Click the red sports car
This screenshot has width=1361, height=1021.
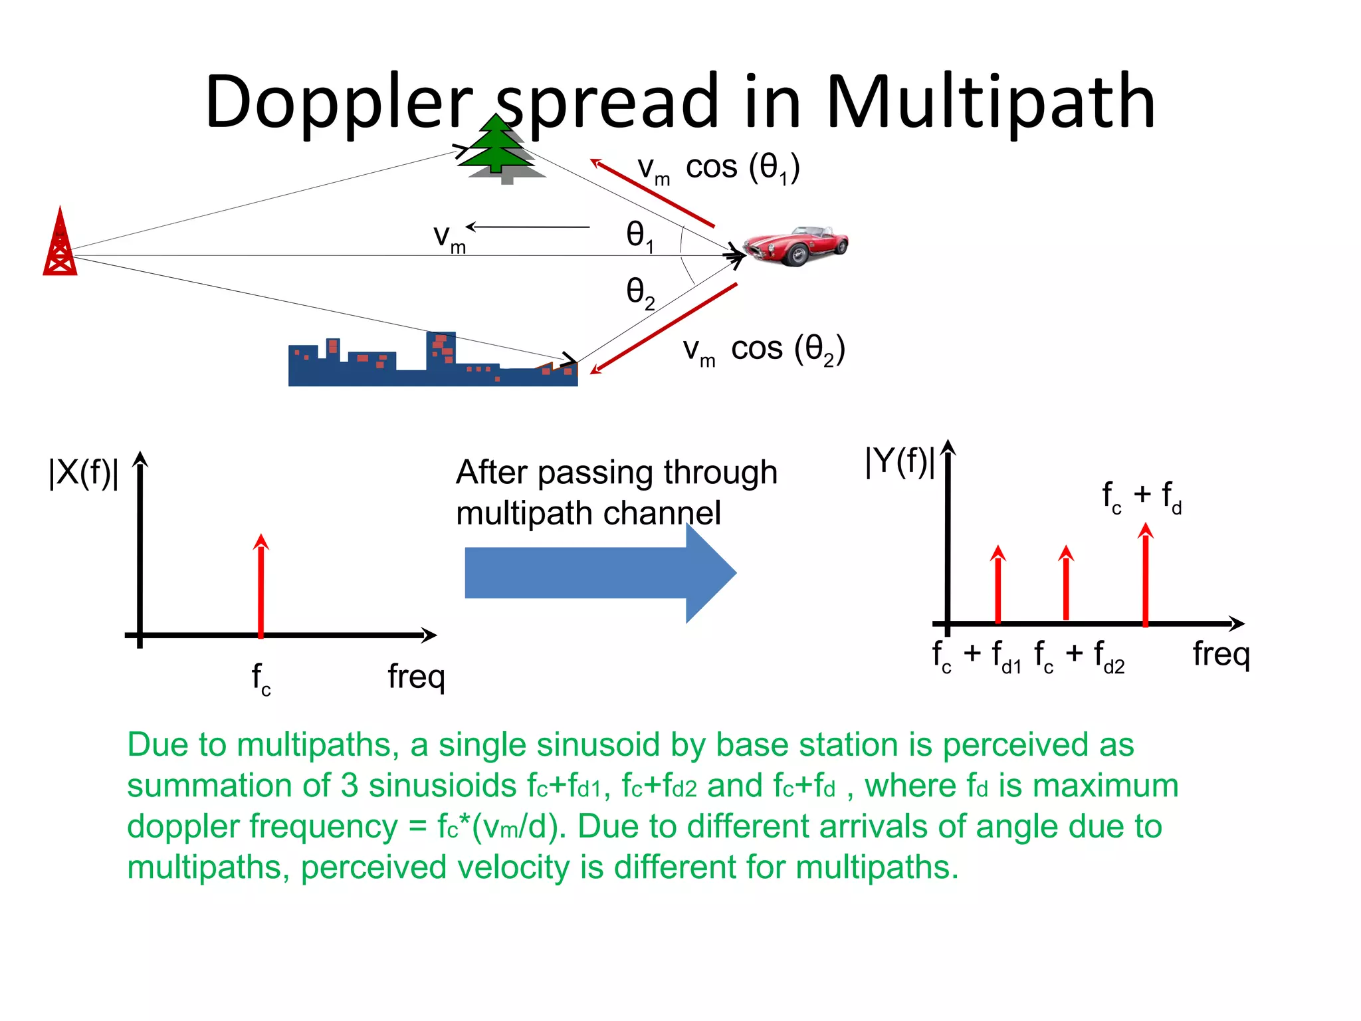(796, 245)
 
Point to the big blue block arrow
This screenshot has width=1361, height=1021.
(598, 573)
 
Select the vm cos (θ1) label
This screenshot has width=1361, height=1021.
(718, 168)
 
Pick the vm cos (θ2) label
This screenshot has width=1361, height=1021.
(764, 350)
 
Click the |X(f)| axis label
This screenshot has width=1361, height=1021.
(84, 473)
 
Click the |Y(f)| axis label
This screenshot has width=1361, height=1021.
(900, 461)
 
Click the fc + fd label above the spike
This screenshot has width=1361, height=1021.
(1142, 497)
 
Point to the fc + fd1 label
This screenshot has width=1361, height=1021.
(976, 656)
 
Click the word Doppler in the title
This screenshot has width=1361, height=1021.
(339, 103)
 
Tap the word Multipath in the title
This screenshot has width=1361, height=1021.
(990, 103)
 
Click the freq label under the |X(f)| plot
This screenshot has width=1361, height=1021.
(416, 677)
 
